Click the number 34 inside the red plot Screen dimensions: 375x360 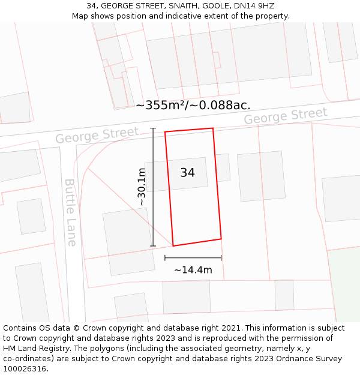(187, 173)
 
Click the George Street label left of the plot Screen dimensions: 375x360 (97, 135)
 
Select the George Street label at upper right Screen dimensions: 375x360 (286, 116)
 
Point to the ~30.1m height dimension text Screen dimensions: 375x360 (142, 187)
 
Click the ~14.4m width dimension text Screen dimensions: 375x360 (193, 270)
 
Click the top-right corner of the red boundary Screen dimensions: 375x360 (213, 128)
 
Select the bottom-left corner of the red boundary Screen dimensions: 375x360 (173, 245)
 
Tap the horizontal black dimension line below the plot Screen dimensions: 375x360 (193, 258)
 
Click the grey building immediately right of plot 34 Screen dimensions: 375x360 (261, 176)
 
